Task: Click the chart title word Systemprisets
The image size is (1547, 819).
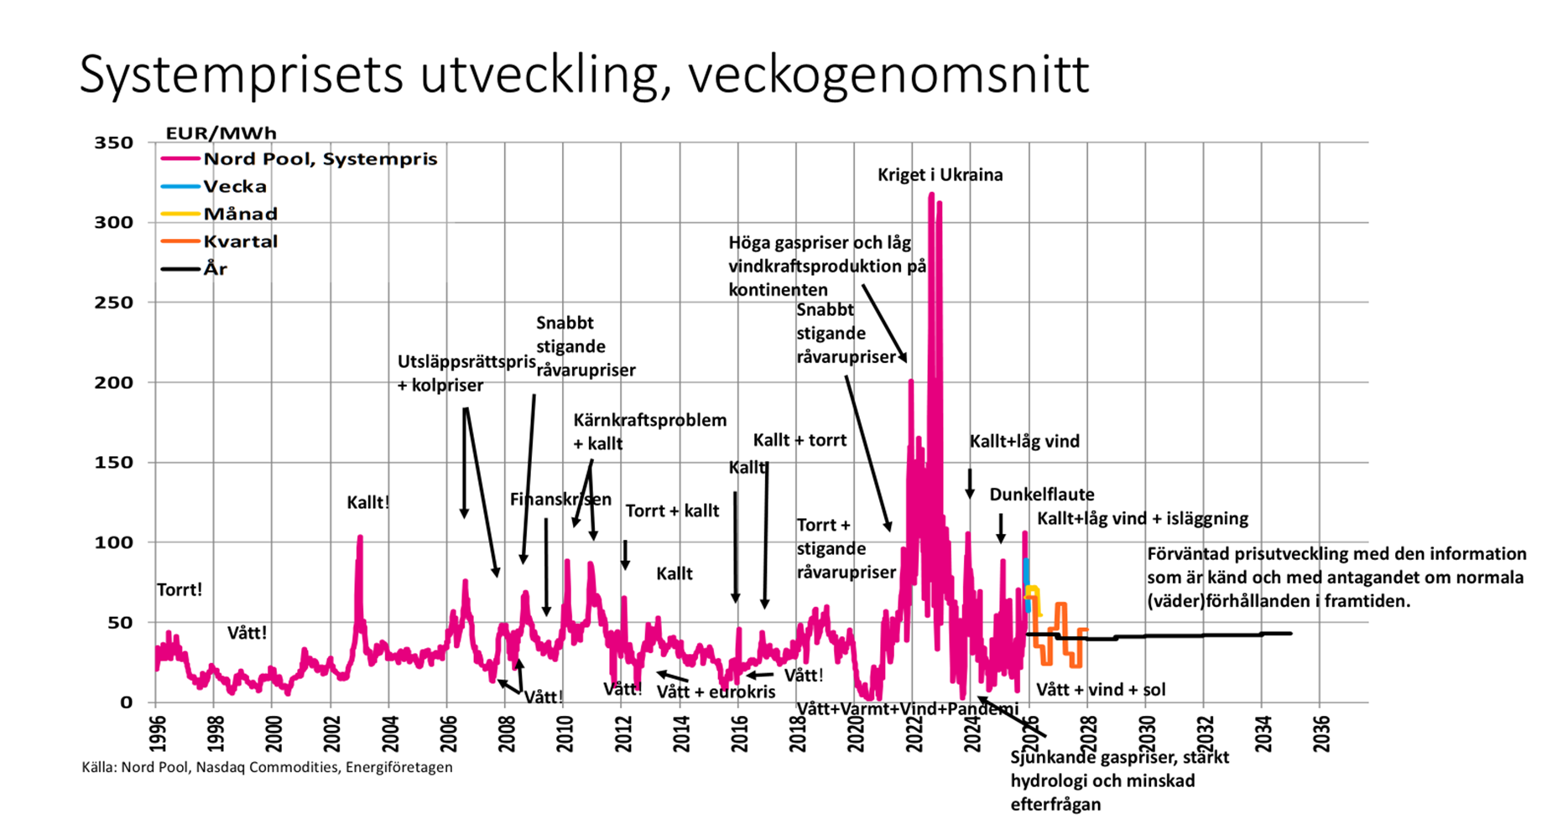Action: pyautogui.click(x=242, y=75)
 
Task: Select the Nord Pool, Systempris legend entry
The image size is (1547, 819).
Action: pyautogui.click(x=320, y=159)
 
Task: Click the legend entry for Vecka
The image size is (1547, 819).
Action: pyautogui.click(x=234, y=187)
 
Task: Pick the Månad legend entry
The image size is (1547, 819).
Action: pyautogui.click(x=240, y=215)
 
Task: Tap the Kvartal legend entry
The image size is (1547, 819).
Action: pyautogui.click(x=240, y=242)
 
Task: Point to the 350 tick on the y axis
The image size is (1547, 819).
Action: pyautogui.click(x=113, y=143)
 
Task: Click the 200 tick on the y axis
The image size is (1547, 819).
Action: pyautogui.click(x=113, y=383)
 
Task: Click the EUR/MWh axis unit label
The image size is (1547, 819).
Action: pyautogui.click(x=221, y=133)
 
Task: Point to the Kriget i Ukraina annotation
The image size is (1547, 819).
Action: pyautogui.click(x=940, y=175)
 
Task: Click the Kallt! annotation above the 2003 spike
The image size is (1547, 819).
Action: pyautogui.click(x=367, y=503)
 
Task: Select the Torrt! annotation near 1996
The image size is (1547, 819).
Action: pyautogui.click(x=179, y=590)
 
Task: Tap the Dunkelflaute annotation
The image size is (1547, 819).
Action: pyautogui.click(x=1041, y=495)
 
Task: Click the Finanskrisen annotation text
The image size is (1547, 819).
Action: pyautogui.click(x=560, y=500)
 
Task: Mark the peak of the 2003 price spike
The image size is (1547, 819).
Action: pyautogui.click(x=360, y=537)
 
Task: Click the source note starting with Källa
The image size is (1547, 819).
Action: pyautogui.click(x=267, y=767)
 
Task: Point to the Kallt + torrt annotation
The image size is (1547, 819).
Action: pyautogui.click(x=800, y=440)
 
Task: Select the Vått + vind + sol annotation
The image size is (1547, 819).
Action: pyautogui.click(x=1101, y=690)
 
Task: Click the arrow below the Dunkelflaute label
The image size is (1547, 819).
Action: pyautogui.click(x=1001, y=528)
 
